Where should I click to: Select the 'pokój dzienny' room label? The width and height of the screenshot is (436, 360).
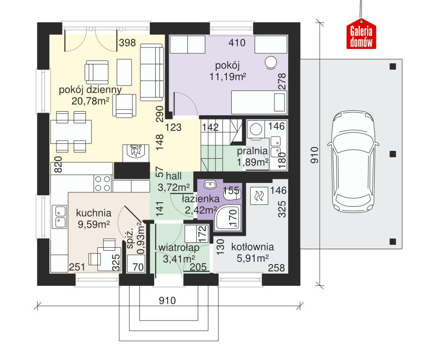tap(89, 90)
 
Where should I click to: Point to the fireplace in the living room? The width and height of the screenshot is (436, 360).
tap(135, 151)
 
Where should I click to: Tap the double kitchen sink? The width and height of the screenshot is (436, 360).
tap(60, 218)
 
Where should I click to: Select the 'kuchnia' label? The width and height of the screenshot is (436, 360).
tap(93, 213)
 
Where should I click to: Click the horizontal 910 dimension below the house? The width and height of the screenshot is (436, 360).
tap(169, 300)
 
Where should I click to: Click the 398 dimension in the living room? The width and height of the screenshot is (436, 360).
tap(127, 43)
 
